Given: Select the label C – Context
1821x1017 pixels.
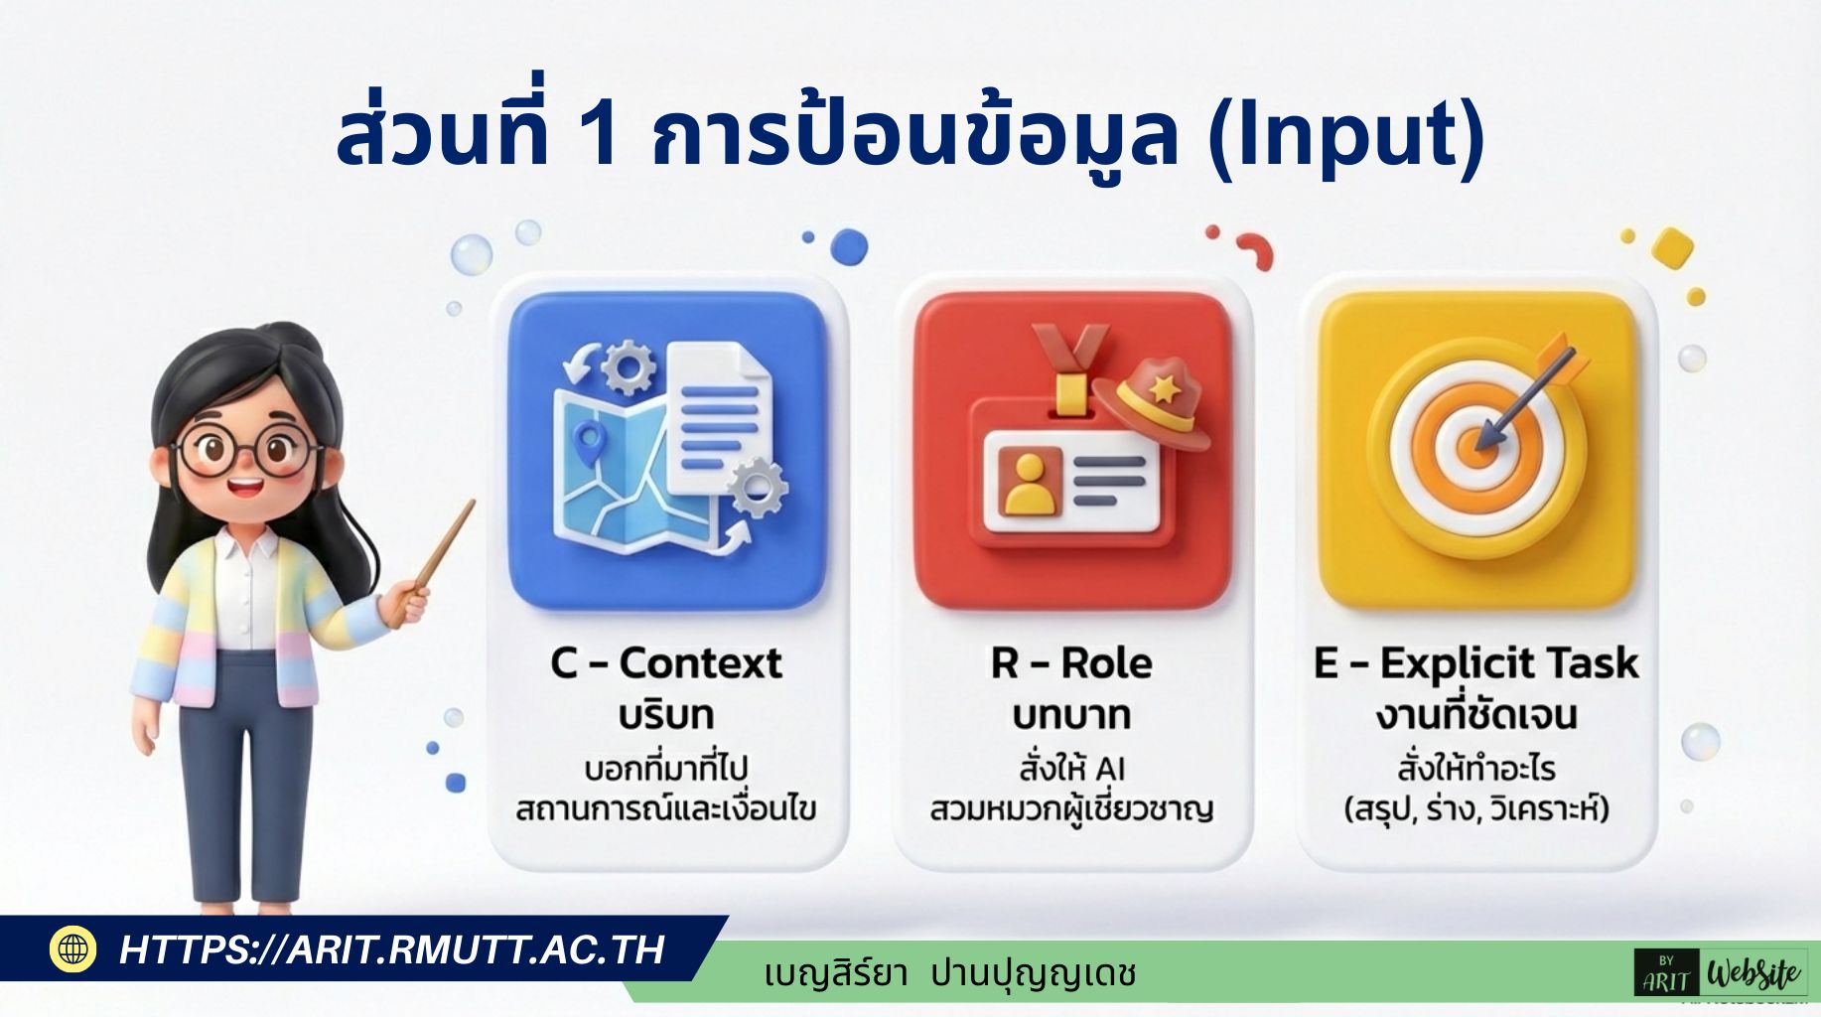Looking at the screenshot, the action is click(666, 662).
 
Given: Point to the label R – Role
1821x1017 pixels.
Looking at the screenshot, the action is click(1071, 662).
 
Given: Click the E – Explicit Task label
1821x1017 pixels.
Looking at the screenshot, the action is click(1476, 662).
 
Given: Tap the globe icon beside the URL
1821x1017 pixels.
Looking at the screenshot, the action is click(73, 948).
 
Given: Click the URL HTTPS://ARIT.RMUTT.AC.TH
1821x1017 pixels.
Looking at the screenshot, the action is click(391, 949).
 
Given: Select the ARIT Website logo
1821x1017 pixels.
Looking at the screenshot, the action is click(1721, 973).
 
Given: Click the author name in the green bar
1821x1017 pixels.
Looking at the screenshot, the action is click(950, 973).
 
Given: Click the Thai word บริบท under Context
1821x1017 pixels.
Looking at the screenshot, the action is click(666, 715).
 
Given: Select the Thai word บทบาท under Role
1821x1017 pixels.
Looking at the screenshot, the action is click(1071, 715).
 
